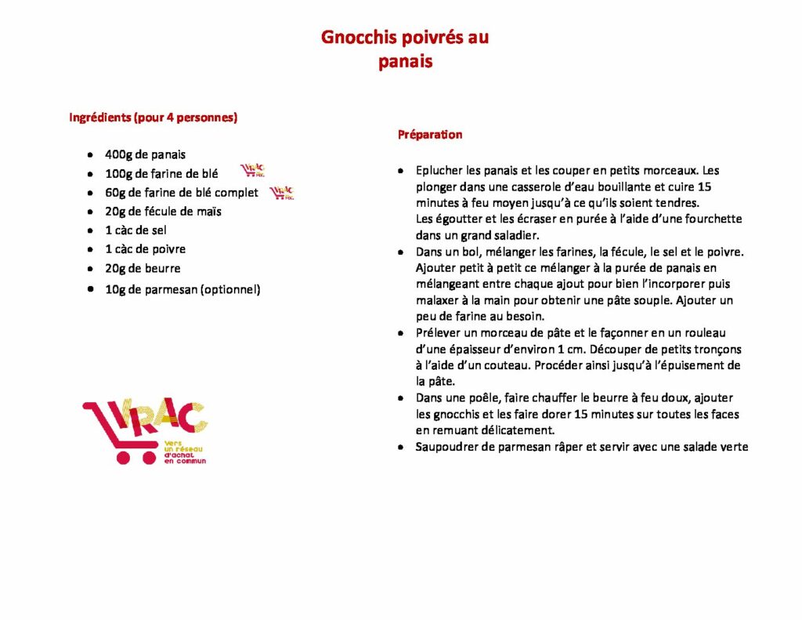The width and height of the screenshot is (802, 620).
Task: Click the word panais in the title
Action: [405, 61]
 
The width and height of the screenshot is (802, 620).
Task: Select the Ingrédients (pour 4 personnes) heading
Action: [154, 118]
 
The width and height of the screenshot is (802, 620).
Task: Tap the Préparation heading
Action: [430, 134]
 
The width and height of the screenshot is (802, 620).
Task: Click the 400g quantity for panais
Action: [119, 154]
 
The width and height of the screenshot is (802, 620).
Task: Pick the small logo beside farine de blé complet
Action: [281, 192]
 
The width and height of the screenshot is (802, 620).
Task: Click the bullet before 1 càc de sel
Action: [91, 230]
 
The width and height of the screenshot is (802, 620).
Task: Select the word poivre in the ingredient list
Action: [169, 249]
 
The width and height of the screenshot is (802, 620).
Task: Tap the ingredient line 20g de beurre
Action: [143, 268]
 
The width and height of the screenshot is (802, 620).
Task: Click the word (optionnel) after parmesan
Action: [230, 289]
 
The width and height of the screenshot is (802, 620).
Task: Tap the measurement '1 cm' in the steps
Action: [560, 349]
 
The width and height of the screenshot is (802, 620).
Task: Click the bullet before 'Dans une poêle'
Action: [400, 398]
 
